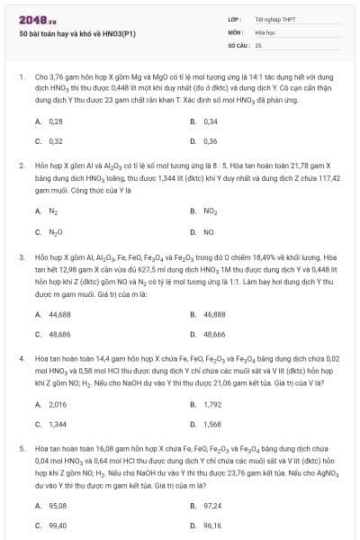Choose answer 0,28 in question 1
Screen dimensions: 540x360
click(x=55, y=121)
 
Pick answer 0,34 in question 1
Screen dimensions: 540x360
click(x=211, y=121)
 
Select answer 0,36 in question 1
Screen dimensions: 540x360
click(x=211, y=141)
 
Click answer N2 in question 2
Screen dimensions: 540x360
click(x=53, y=211)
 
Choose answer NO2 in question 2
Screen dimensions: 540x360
click(x=211, y=211)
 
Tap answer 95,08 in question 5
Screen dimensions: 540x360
click(x=57, y=506)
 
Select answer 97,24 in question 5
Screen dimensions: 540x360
click(x=212, y=506)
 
